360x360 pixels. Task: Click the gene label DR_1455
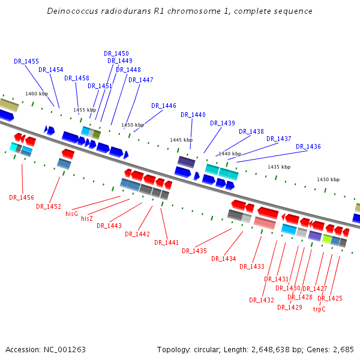click(26, 61)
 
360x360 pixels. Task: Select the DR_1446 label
click(164, 106)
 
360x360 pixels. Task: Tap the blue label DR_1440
click(193, 115)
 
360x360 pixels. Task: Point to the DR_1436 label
click(308, 146)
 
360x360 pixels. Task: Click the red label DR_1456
click(22, 197)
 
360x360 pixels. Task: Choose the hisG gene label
click(72, 213)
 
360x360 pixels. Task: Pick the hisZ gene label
click(87, 218)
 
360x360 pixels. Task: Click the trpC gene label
click(319, 310)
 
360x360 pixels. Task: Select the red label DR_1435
click(194, 251)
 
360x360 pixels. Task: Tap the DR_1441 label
click(167, 242)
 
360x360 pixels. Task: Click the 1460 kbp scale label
click(37, 94)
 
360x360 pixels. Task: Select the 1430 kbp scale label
click(328, 179)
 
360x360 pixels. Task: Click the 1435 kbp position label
click(279, 167)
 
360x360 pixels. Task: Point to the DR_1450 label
click(116, 53)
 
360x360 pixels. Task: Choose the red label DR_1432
click(262, 300)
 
